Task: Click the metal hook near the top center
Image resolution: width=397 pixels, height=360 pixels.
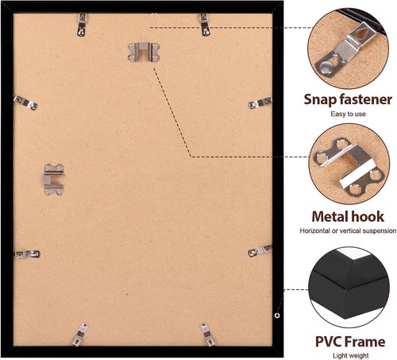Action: pos(144,52)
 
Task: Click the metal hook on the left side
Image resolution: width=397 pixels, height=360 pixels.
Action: pos(54,180)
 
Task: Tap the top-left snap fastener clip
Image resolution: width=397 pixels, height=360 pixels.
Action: pos(82,25)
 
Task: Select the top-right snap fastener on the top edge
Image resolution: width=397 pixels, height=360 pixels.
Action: pos(205,25)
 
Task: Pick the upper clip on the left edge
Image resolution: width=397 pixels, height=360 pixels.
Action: pos(25,103)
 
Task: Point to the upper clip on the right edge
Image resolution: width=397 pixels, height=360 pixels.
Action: pos(260,103)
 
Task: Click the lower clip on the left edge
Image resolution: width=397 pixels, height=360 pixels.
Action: pos(27,254)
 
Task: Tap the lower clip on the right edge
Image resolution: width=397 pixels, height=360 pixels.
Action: pos(260,251)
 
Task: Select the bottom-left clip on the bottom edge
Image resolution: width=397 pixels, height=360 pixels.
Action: pos(80,335)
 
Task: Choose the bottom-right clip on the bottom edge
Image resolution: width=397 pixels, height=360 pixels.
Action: pos(207,334)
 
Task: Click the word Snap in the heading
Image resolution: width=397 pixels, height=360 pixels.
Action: pos(320,100)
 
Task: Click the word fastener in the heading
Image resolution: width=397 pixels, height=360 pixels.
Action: pos(366,99)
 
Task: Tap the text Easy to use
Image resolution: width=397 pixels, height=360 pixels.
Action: pos(348,114)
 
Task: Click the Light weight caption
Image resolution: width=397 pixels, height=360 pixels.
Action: pos(350,355)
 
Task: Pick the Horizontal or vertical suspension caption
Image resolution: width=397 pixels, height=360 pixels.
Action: pos(348,230)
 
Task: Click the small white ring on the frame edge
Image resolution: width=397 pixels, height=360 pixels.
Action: pos(277,315)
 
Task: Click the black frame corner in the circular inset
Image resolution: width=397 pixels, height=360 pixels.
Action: pos(349,288)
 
